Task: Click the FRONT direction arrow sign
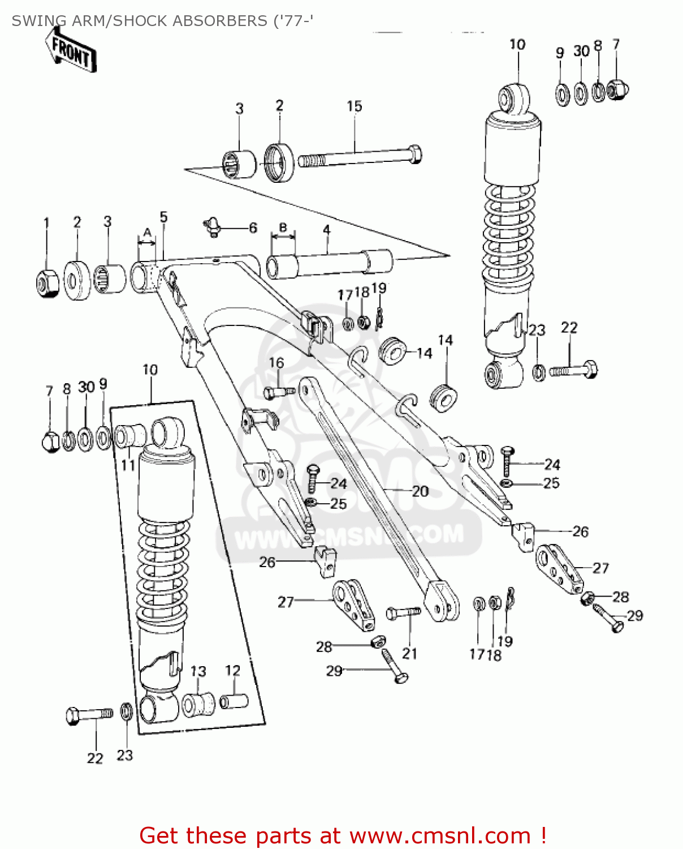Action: coord(72,52)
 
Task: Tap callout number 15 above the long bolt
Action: coord(355,106)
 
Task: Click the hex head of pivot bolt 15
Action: coord(414,155)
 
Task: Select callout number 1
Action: coord(47,223)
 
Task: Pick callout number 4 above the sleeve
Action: coord(326,230)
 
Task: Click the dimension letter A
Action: coord(147,232)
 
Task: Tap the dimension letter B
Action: coord(283,228)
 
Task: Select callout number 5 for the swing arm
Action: coord(163,217)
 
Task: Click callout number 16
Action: coord(276,363)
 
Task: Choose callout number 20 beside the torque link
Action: coord(420,491)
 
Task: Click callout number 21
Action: coord(409,654)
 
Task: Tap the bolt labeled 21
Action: coord(403,612)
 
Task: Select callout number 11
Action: coord(128,465)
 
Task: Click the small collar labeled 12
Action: coord(235,701)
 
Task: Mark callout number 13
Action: coord(198,671)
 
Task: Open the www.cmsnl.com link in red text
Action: coord(440,836)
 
